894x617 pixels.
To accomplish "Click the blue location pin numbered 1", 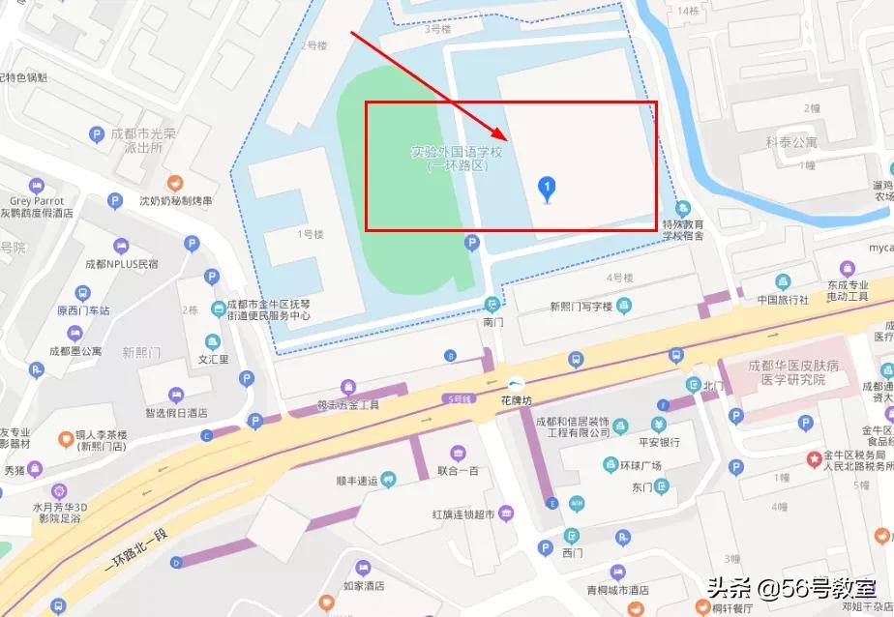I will pos(547,188).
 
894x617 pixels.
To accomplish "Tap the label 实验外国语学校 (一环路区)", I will pos(459,159).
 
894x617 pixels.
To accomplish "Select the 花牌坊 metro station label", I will pos(517,397).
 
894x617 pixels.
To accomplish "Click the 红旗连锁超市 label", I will pos(463,514).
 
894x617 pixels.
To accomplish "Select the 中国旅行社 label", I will pos(783,299).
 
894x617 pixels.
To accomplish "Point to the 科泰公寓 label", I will pos(792,142).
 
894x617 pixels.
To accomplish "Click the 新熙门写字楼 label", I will pos(581,307).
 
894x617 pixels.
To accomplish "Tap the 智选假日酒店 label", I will pos(176,412).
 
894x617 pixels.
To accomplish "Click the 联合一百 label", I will pos(458,472).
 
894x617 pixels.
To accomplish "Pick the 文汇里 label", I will pos(213,359).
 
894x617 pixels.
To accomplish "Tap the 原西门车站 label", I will pos(83,310).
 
